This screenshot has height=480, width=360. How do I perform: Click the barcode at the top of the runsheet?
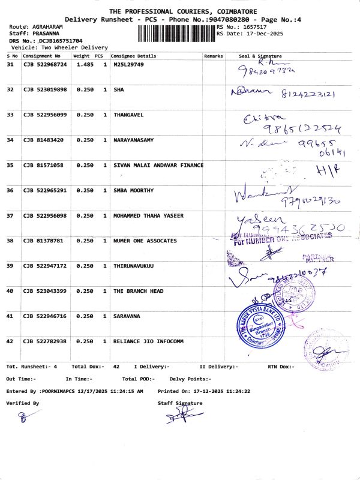176,33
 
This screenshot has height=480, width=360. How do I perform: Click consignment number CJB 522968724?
45,64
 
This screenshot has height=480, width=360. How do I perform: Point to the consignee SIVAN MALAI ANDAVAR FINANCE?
158,165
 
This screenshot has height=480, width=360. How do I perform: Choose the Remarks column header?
213,56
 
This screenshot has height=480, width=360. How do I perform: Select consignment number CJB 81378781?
42,241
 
